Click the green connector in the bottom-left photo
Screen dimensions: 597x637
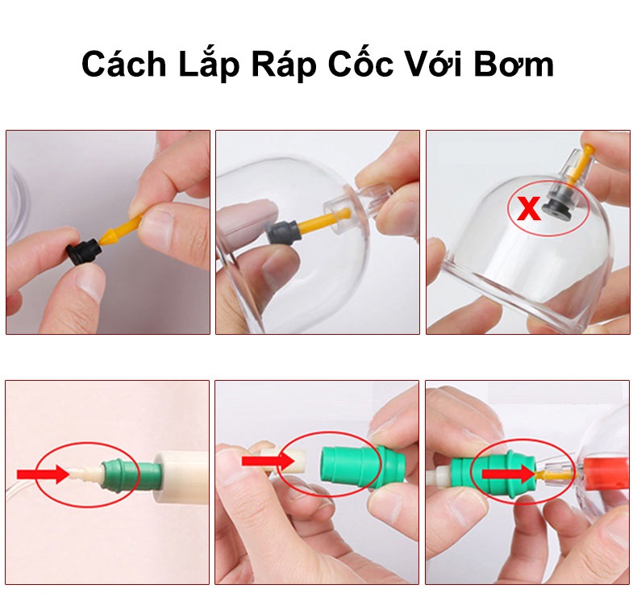click(x=121, y=473)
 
